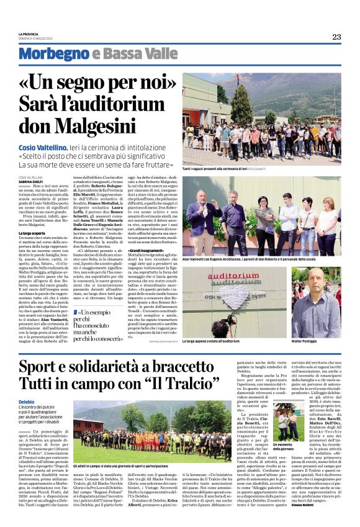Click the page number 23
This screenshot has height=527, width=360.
coord(336,37)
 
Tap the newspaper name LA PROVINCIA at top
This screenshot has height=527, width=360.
coord(31,34)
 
